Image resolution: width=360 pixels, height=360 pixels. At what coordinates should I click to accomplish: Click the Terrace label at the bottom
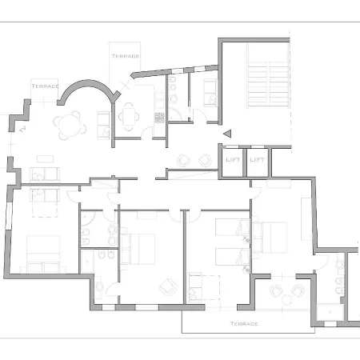[x=244, y=324]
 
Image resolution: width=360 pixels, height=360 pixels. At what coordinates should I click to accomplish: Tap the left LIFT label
[x=233, y=160]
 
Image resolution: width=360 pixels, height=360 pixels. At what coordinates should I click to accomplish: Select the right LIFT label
[x=257, y=160]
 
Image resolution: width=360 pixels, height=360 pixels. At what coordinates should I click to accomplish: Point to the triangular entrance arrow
[x=227, y=134]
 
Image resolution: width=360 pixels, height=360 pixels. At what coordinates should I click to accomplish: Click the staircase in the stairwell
[x=268, y=84]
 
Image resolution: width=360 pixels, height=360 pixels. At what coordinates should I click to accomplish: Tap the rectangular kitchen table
[x=129, y=117]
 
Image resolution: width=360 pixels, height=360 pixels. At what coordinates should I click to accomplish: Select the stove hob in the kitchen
[x=159, y=118]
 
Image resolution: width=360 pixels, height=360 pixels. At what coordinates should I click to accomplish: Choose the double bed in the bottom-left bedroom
[x=43, y=254]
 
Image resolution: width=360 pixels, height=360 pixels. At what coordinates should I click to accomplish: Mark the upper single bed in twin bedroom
[x=233, y=227]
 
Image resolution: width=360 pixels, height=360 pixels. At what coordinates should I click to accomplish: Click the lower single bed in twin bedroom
[x=233, y=257]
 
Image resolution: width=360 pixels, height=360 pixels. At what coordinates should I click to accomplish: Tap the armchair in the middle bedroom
[x=168, y=286]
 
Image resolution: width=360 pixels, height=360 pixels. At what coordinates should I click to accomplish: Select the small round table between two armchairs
[x=286, y=299]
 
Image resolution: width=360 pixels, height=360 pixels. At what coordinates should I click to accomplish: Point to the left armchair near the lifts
[x=183, y=161]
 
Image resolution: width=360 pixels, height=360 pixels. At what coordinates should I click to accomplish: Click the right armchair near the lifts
[x=205, y=161]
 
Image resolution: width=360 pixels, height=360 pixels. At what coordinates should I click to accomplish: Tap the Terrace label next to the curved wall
[x=45, y=86]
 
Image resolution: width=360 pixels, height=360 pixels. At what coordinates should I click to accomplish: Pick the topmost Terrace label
[x=126, y=56]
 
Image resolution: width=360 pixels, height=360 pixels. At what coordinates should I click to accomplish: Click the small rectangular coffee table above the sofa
[x=45, y=159]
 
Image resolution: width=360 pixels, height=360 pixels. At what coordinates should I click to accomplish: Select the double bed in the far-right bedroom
[x=270, y=237]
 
